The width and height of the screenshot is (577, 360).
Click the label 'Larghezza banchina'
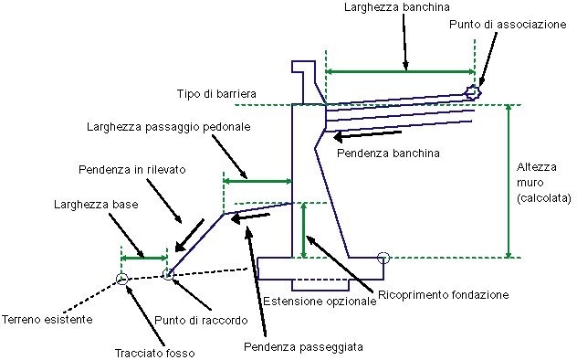(396, 7)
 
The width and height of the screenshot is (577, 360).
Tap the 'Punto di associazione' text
(508, 25)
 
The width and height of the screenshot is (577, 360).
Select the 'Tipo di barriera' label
(216, 93)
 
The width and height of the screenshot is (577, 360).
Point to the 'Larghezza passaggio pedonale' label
(169, 127)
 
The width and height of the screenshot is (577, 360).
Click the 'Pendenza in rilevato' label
(132, 170)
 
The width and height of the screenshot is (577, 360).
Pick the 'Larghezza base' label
(96, 205)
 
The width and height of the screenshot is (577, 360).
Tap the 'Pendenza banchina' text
(388, 153)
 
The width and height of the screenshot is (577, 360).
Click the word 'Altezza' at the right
(537, 167)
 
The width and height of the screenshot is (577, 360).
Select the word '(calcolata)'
(544, 198)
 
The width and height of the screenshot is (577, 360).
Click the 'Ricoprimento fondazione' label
(444, 295)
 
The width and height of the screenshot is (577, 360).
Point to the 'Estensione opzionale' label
(320, 302)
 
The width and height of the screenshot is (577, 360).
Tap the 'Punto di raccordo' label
(201, 320)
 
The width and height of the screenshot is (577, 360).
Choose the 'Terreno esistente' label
(47, 319)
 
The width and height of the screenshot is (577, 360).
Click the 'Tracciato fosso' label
(155, 354)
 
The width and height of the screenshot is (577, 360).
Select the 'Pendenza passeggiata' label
(304, 346)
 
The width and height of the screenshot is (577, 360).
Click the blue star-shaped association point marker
(473, 92)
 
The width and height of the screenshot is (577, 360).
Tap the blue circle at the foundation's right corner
(383, 258)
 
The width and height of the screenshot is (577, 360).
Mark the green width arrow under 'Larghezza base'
(144, 258)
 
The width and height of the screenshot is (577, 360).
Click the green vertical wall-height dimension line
(509, 181)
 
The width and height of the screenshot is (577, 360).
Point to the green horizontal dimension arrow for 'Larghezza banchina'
(400, 71)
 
